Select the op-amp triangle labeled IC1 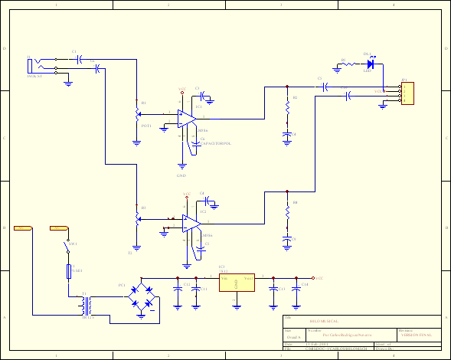(186, 117)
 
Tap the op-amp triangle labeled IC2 (189, 222)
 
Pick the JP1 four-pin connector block (407, 93)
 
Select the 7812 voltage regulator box (237, 283)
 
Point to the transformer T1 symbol (87, 304)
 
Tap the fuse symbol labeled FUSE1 (68, 271)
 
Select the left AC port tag (24, 228)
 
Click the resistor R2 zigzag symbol (287, 110)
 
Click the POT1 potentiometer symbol (138, 113)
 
